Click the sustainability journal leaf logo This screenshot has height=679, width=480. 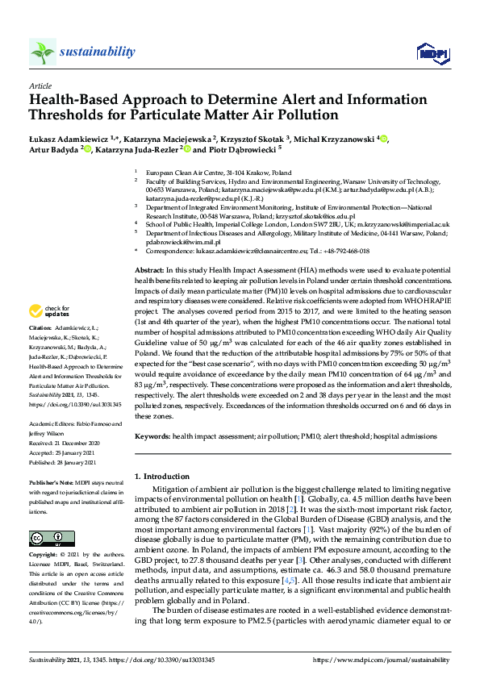(43, 52)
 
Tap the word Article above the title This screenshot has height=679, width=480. (40, 85)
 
